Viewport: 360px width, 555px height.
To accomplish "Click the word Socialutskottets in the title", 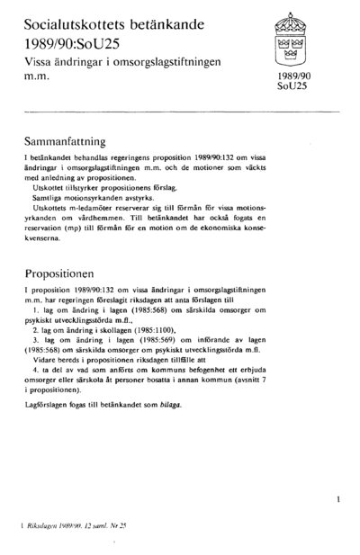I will tap(79, 20).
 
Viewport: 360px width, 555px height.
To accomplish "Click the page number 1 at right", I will tap(336, 496).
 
